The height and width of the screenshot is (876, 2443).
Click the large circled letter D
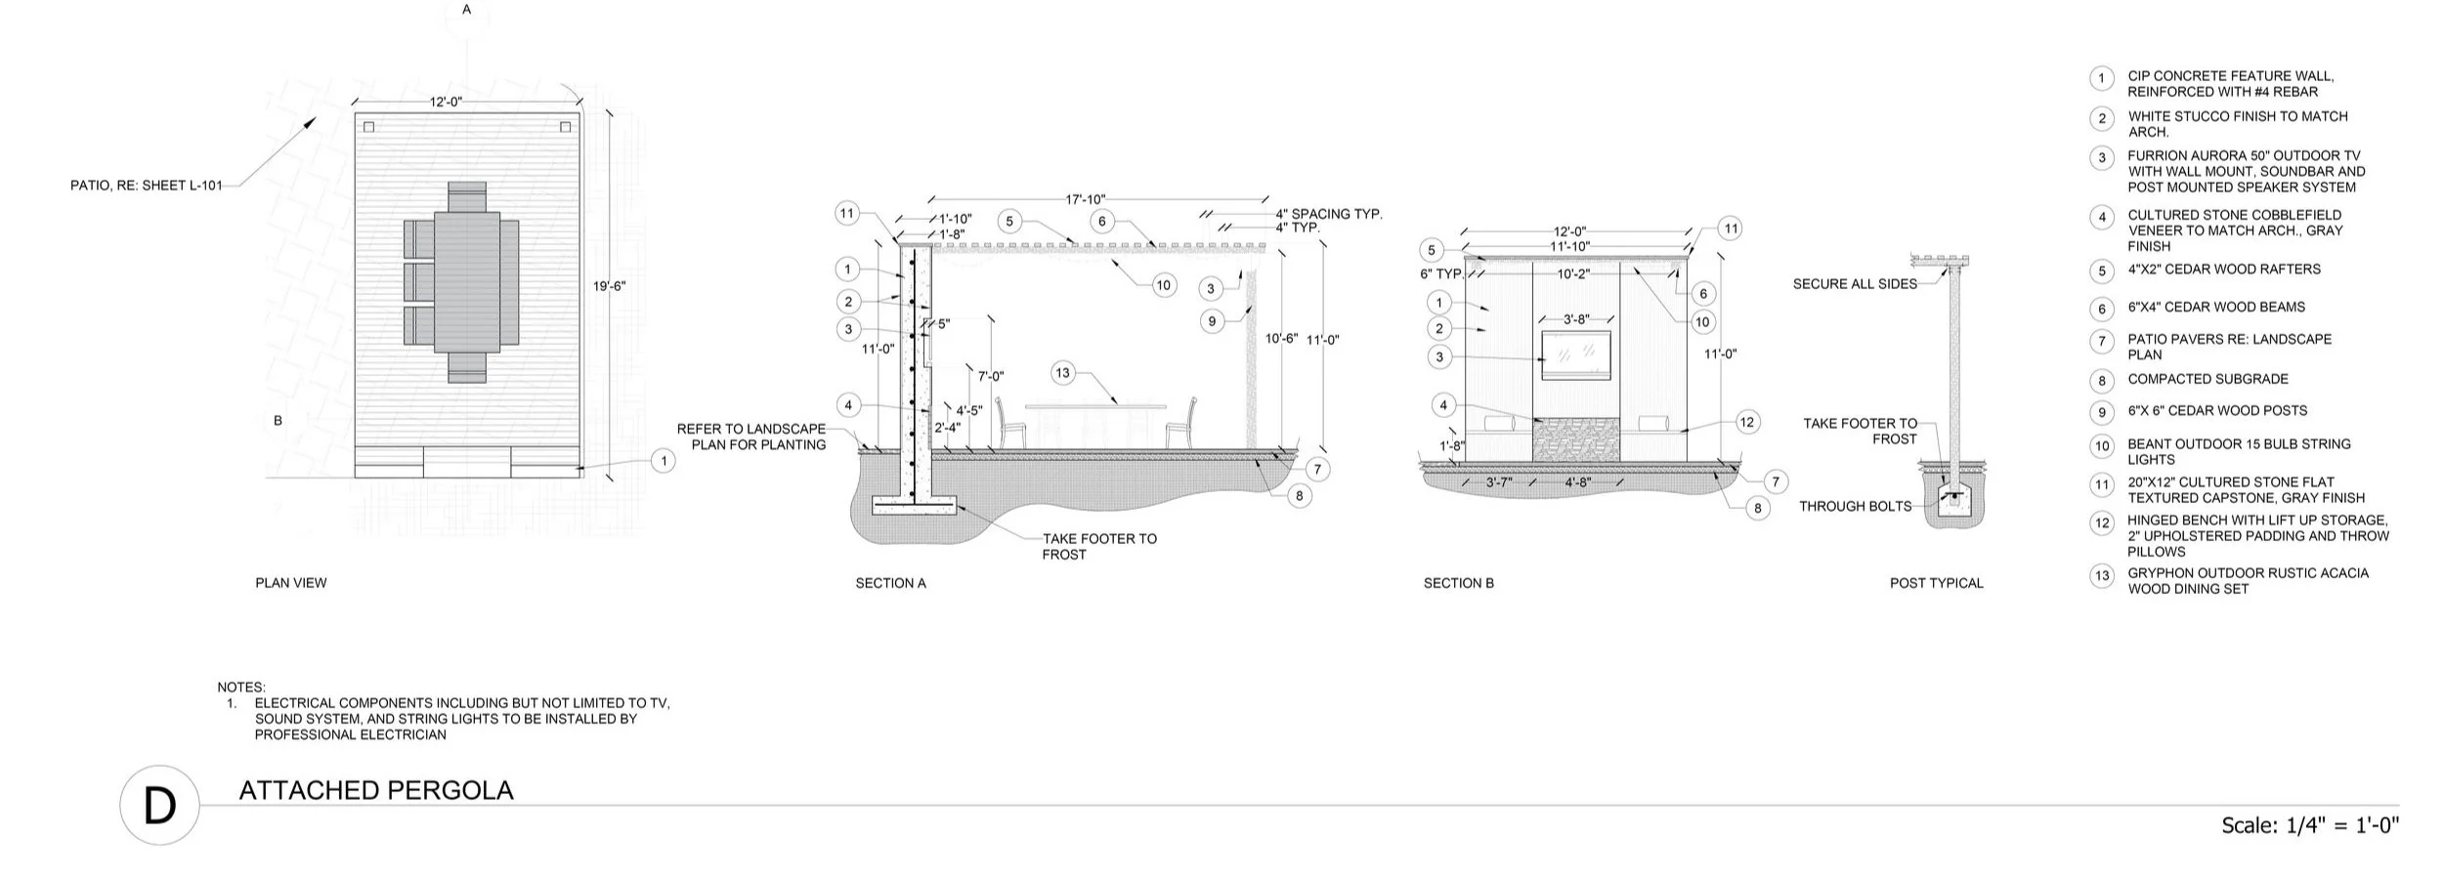(x=159, y=806)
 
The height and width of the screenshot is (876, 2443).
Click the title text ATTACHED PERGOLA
(x=376, y=790)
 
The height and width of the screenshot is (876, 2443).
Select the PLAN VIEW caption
(x=291, y=583)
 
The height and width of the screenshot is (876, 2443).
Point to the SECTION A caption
(x=890, y=583)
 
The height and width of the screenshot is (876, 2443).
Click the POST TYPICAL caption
(x=1936, y=583)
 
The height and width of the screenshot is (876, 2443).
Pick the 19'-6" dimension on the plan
(x=609, y=286)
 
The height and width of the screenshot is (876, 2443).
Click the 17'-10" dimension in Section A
(x=1085, y=199)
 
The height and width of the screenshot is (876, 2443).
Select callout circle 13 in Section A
(x=1062, y=373)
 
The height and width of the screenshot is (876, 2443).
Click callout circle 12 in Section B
(x=1747, y=422)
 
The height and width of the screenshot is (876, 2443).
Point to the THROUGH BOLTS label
(x=1855, y=506)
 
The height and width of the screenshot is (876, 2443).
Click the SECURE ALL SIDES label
(x=1855, y=284)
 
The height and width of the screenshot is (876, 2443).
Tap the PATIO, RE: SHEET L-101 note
(x=147, y=186)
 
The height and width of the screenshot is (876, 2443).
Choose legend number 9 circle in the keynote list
(x=2102, y=412)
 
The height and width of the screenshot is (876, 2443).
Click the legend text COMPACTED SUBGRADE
(x=2207, y=379)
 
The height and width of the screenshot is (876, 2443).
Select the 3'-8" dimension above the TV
(x=1576, y=319)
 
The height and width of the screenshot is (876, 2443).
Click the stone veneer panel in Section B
(x=1575, y=438)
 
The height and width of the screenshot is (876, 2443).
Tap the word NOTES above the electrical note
(x=241, y=688)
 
